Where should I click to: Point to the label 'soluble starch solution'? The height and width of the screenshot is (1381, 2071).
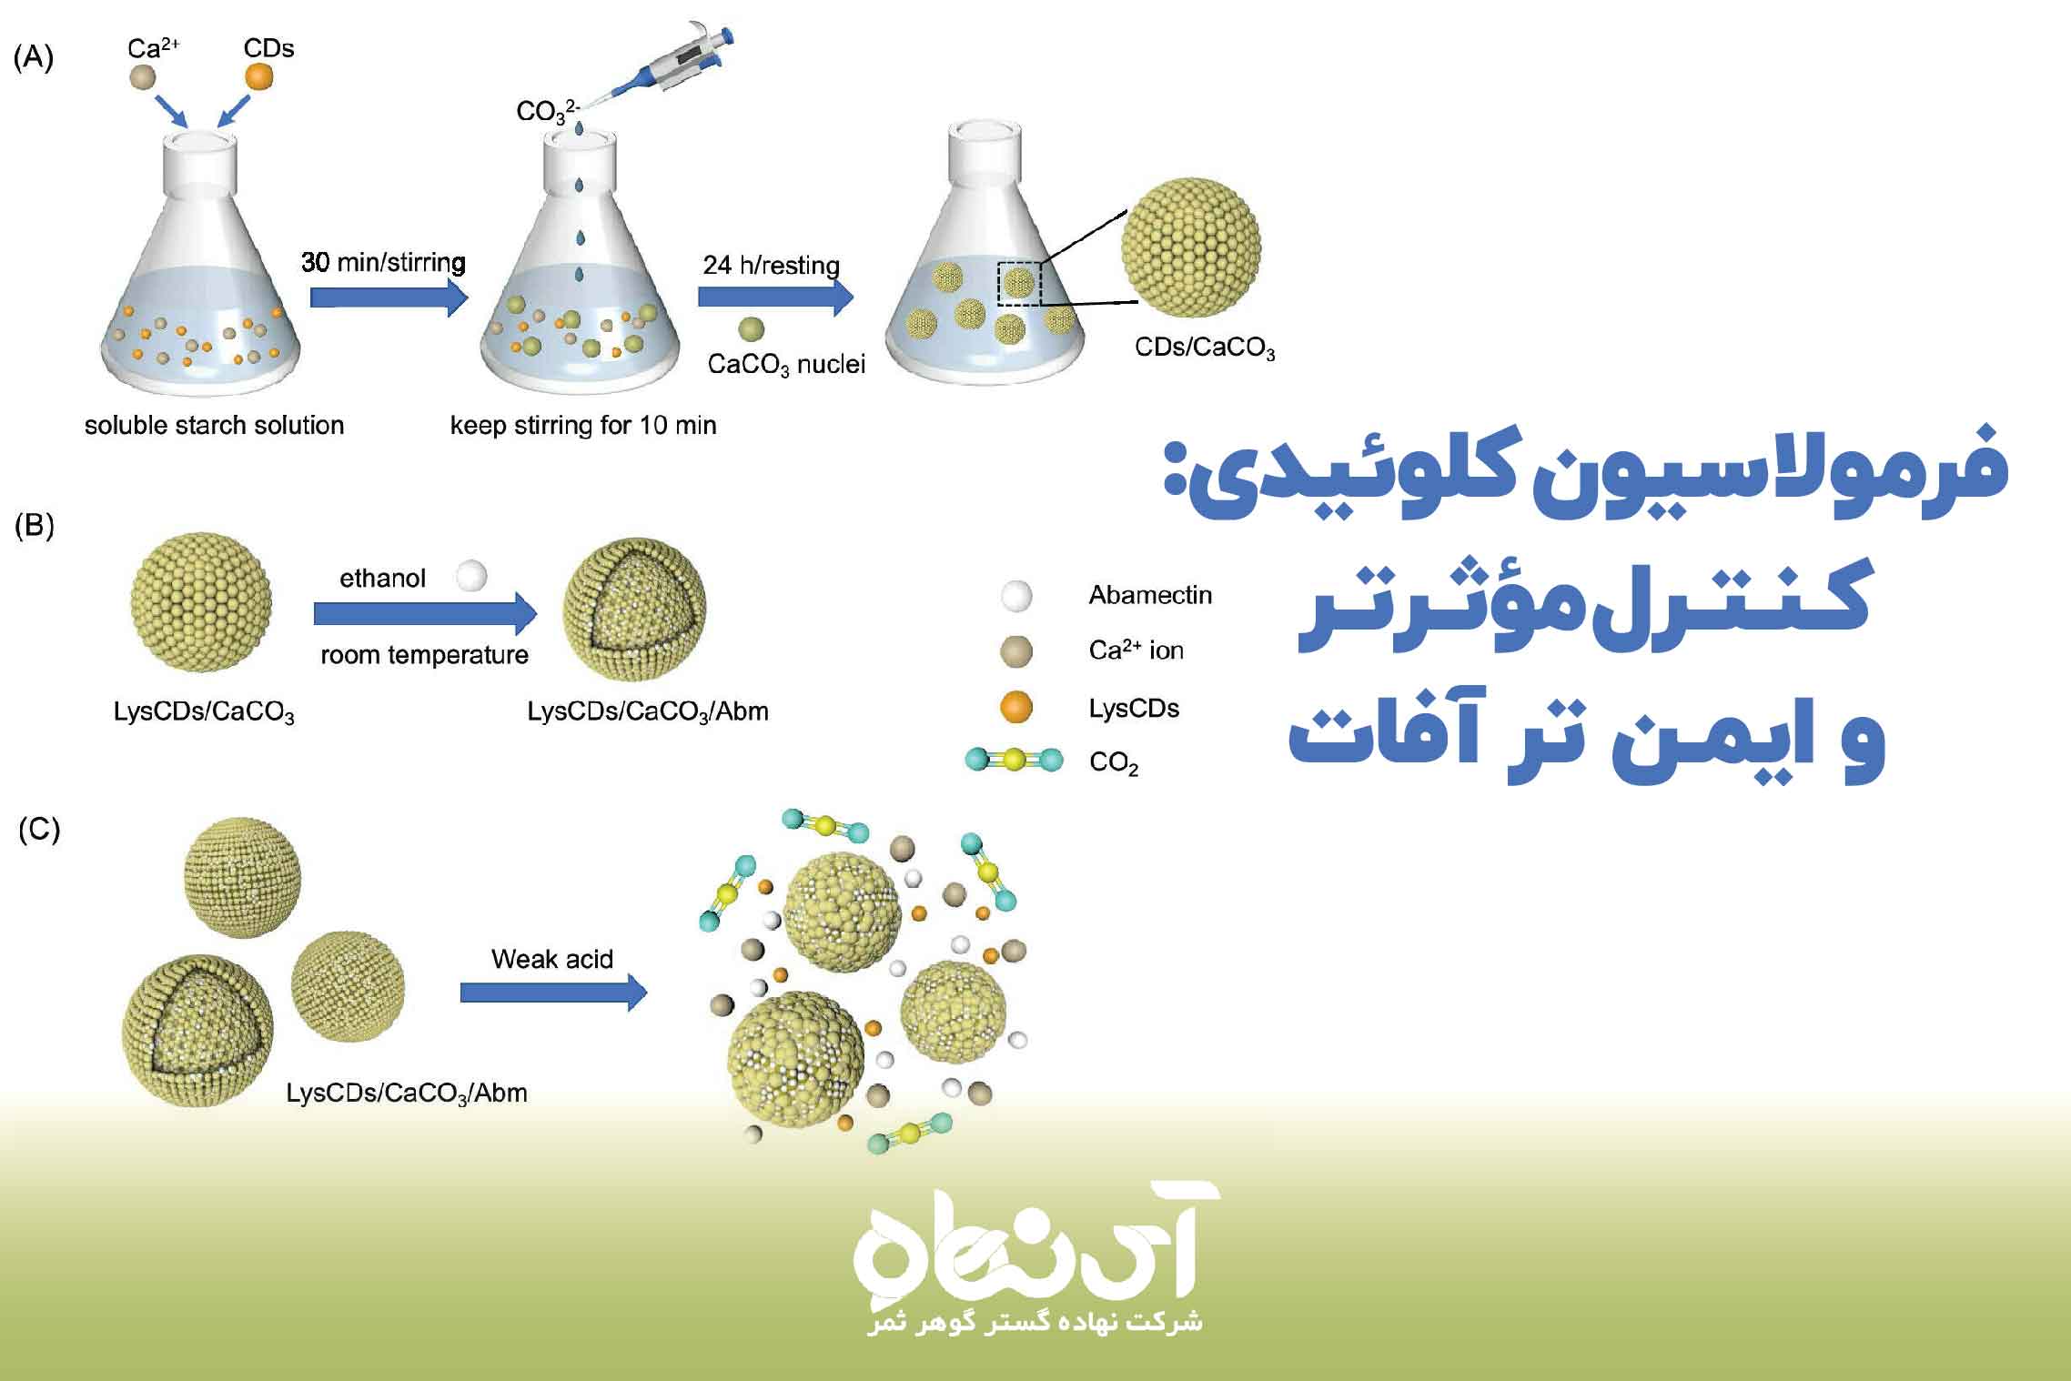(x=214, y=426)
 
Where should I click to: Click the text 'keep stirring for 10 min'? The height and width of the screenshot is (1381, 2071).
(x=583, y=426)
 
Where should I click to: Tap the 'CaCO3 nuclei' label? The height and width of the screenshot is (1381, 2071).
(x=786, y=365)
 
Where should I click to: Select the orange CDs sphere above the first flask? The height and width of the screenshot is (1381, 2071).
(x=258, y=76)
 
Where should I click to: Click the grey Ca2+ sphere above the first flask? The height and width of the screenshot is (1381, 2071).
(x=143, y=76)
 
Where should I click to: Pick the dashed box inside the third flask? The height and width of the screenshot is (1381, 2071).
(x=1019, y=283)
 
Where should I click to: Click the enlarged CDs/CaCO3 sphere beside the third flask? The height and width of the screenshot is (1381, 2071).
(x=1191, y=247)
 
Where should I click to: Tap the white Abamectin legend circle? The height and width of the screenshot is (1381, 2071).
(x=1016, y=596)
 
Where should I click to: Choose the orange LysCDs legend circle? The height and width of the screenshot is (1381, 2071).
(x=1016, y=707)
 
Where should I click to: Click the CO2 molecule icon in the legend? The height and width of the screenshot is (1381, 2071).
(x=1014, y=760)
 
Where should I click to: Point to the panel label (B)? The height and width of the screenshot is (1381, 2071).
(x=34, y=526)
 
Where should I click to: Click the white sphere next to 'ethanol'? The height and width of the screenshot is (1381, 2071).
(x=471, y=576)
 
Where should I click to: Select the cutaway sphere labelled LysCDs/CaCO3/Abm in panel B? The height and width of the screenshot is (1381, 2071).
(x=634, y=609)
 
